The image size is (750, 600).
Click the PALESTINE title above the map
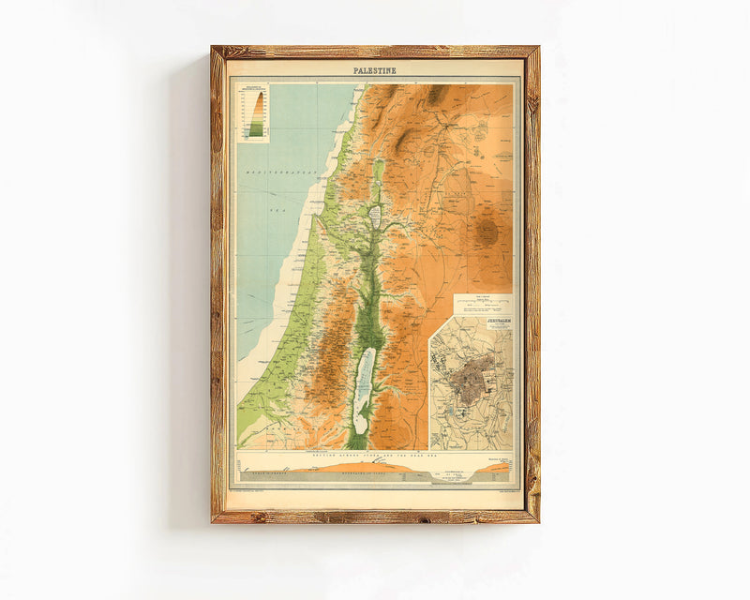point(375,70)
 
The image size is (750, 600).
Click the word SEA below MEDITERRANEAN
point(277,210)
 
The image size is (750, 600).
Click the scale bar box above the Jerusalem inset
point(483,304)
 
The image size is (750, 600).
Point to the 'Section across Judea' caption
point(375,454)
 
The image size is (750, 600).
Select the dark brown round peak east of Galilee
point(487,232)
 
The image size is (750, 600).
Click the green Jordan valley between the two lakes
point(370,281)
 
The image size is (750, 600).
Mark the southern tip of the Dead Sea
point(360,430)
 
